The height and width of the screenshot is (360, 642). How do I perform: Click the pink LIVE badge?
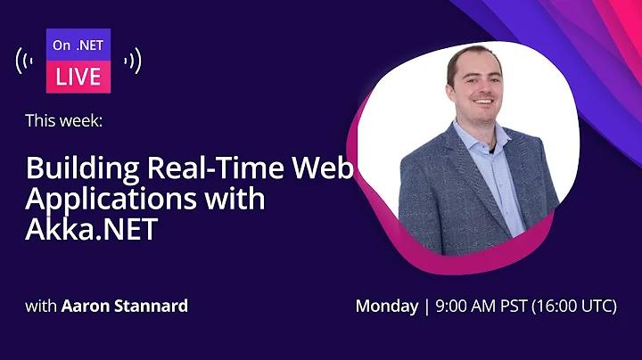point(78,77)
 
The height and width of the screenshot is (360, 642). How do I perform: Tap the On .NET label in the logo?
point(78,45)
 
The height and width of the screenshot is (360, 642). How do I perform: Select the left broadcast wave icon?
point(25,61)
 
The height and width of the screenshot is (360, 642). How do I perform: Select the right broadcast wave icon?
point(133,61)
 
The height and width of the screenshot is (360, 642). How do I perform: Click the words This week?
point(64,120)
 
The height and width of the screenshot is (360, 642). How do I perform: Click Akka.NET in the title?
point(92,229)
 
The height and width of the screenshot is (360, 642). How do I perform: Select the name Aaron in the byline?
point(86,306)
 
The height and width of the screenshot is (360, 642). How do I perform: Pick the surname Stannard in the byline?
point(151,306)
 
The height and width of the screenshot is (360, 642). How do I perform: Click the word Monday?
point(387,307)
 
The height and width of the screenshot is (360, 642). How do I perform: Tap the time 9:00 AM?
point(465,306)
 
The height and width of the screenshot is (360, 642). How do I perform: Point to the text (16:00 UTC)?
point(574,307)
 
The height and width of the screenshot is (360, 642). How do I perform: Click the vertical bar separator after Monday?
point(427,307)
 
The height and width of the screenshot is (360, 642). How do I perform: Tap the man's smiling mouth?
point(483,101)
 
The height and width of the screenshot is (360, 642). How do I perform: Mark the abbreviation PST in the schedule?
point(514,306)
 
